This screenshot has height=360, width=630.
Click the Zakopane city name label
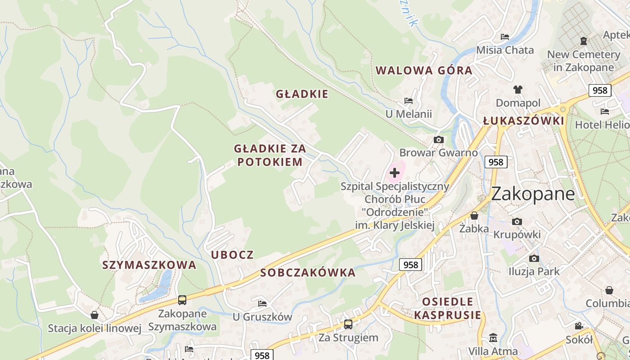point(533,194)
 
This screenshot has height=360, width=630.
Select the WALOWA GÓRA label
point(424,71)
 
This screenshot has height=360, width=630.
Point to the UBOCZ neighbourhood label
point(233,255)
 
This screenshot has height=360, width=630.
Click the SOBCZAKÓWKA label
point(308,273)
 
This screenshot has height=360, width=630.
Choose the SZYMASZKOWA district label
point(149,265)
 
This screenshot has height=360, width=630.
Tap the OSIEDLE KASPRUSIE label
point(448,308)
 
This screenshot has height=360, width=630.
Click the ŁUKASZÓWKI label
point(523,121)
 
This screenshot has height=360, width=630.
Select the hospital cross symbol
point(395,173)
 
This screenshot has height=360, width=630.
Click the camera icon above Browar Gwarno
point(438,140)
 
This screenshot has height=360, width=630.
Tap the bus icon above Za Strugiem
point(348,324)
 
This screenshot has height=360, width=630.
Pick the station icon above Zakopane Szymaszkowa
point(182,300)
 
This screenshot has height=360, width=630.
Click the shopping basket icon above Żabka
point(474,216)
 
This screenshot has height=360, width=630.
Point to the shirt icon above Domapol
point(518,90)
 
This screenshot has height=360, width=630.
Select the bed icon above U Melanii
point(408,101)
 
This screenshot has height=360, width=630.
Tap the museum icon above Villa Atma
point(493,337)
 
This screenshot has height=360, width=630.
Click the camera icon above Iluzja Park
point(534,258)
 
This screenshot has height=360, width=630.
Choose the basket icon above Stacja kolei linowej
point(94,315)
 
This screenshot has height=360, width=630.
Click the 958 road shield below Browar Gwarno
point(496,162)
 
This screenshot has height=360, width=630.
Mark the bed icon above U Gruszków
point(262,303)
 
